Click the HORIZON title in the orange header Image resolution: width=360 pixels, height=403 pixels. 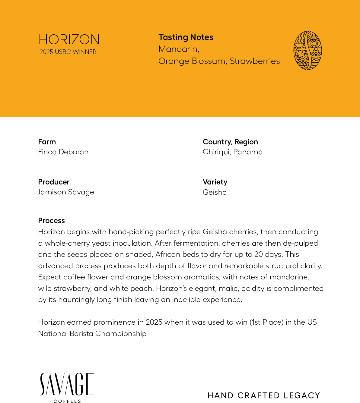[x=69, y=40]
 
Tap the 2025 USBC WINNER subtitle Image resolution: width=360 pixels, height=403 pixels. [x=68, y=52]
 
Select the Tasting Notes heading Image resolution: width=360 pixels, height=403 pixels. [x=186, y=37]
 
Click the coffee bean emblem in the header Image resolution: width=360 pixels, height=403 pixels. [x=307, y=50]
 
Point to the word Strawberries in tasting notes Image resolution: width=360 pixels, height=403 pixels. [x=255, y=61]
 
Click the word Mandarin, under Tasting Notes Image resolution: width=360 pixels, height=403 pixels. [x=179, y=49]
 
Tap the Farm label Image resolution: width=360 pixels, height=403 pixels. [x=47, y=142]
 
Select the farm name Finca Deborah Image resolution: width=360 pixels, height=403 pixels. [x=63, y=152]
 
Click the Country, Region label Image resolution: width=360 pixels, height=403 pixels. [x=230, y=142]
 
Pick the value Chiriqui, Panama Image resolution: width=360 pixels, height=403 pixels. [x=233, y=152]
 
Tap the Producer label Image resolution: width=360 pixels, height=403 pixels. [x=54, y=182]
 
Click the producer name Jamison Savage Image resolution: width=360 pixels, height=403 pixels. [x=66, y=192]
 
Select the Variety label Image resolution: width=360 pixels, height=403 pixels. [x=215, y=182]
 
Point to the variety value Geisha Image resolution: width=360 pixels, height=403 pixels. [x=215, y=192]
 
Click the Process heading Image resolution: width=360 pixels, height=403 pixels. [x=51, y=220]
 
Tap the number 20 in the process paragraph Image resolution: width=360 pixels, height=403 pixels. [x=259, y=254]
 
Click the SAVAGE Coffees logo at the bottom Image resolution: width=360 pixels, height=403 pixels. [x=67, y=387]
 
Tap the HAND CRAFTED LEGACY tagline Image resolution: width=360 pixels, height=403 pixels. [x=264, y=395]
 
